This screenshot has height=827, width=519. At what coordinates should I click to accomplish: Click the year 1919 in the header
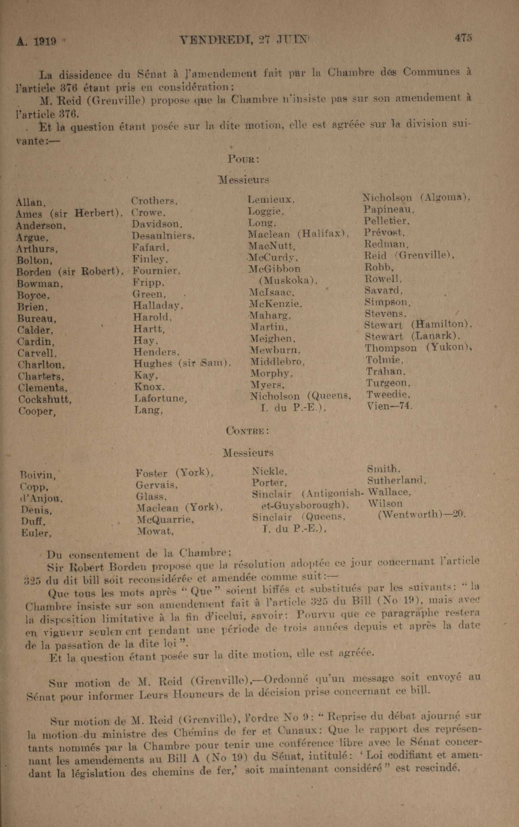coord(45,41)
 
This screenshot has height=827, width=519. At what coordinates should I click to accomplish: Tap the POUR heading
coord(243,160)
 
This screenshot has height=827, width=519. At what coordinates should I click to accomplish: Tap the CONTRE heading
coord(247,431)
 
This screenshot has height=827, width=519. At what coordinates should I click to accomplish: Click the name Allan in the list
coord(30,203)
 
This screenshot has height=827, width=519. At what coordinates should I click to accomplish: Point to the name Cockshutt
coord(45,399)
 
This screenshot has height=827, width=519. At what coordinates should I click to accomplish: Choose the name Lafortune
coord(160,398)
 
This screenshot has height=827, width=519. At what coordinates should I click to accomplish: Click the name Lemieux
coord(271,200)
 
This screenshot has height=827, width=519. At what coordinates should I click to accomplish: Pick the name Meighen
coord(272,339)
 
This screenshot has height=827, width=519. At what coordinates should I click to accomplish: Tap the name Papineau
coord(389,209)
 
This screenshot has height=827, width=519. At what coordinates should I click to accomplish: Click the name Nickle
coord(269,471)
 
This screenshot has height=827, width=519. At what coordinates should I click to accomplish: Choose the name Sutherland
coord(396,480)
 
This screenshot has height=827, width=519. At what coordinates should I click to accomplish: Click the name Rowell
coord(383,279)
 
